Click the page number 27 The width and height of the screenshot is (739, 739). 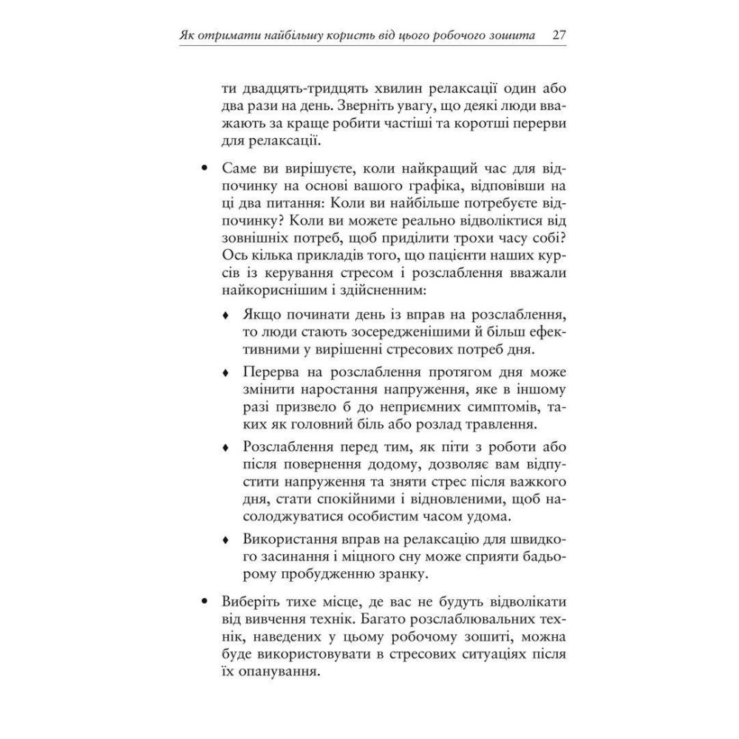(559, 35)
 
